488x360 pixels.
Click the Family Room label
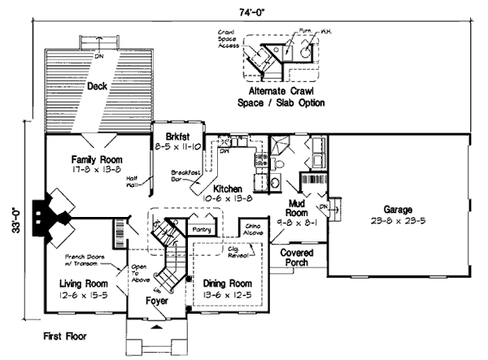click(97, 159)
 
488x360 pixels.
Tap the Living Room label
click(84, 283)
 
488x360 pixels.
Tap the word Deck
click(98, 85)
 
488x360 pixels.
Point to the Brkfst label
click(176, 137)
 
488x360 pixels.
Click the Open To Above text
click(138, 273)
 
